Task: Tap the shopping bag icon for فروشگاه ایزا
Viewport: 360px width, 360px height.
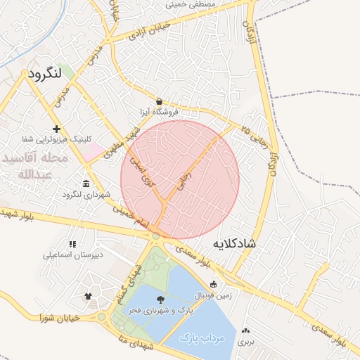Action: [x=160, y=101]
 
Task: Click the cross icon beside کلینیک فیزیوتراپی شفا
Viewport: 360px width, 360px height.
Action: [x=56, y=129]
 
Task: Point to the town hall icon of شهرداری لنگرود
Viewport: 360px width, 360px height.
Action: [x=86, y=184]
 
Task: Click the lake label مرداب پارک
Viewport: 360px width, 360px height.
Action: [x=205, y=337]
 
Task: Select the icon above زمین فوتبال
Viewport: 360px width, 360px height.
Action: [x=213, y=284]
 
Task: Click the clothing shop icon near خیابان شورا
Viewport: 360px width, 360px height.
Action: [x=88, y=297]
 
